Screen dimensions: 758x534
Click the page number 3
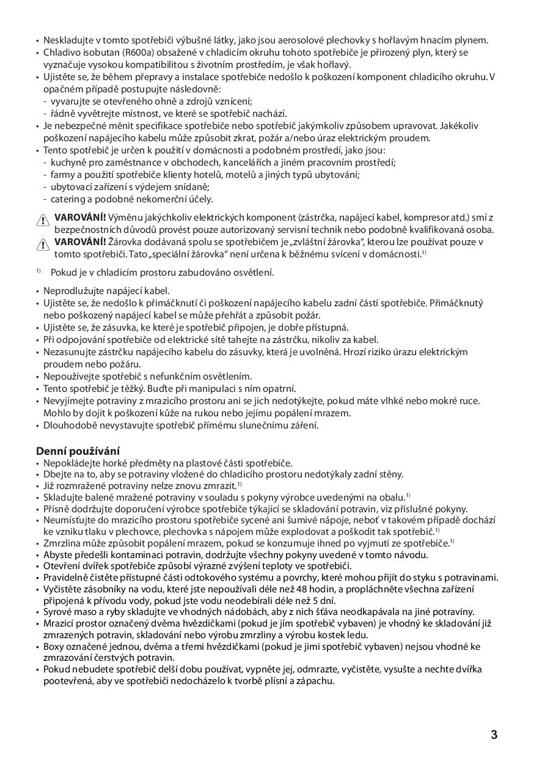coord(494,735)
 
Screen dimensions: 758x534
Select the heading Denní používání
coord(78,451)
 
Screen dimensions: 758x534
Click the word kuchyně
coord(68,162)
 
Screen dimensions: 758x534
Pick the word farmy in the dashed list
coord(63,174)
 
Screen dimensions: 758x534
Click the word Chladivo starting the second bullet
coord(62,53)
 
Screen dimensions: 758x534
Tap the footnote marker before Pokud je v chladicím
coord(38,271)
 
